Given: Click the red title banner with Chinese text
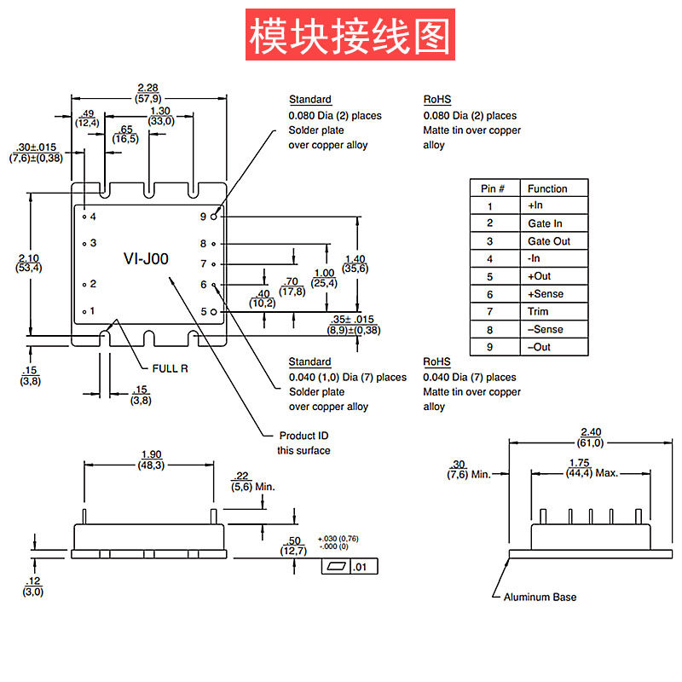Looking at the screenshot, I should click(349, 35).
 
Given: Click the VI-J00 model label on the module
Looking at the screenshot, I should click(147, 259).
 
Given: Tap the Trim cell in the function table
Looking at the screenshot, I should click(538, 312).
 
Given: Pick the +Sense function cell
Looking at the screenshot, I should click(545, 294).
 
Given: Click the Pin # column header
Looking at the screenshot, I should click(495, 188).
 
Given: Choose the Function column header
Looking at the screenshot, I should click(546, 188).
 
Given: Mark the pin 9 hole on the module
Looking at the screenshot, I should click(214, 217).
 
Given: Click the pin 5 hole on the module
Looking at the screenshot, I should click(214, 312).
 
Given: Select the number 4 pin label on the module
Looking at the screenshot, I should click(93, 217).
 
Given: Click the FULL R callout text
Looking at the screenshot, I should click(170, 367).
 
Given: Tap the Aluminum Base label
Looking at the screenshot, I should click(540, 597).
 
